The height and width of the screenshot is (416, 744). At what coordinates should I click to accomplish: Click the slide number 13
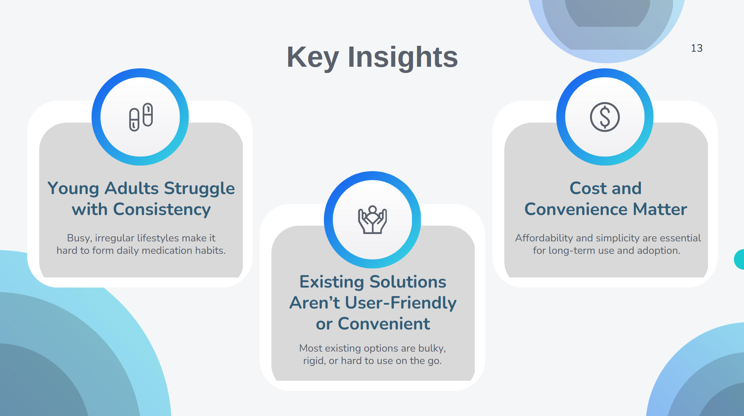pos(697,48)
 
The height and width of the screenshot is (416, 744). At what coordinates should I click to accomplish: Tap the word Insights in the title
pos(403,57)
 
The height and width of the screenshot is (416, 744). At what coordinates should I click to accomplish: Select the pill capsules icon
pos(141,117)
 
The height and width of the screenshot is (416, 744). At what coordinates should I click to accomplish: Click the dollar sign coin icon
pos(605,117)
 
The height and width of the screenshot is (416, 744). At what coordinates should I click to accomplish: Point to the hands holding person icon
pos(372,220)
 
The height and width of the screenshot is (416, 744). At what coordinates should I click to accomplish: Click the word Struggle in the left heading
pos(199,189)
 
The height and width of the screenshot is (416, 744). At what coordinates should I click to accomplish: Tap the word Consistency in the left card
pos(162,210)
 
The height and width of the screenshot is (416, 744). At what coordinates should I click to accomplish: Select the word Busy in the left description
pos(79,238)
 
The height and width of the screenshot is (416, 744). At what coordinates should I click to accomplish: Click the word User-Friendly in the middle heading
pos(400,303)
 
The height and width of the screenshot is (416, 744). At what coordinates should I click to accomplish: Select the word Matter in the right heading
pos(660,210)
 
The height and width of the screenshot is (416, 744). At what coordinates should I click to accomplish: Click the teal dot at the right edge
pos(739,259)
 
